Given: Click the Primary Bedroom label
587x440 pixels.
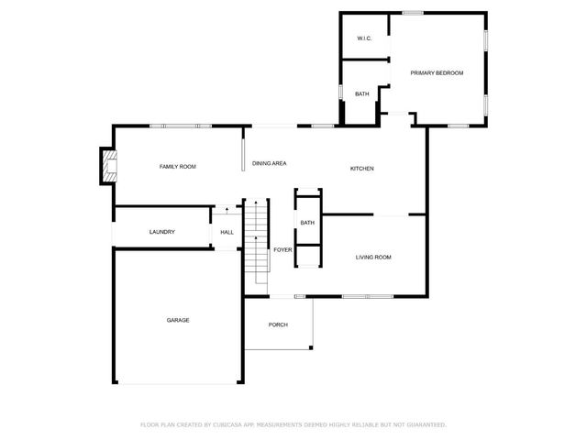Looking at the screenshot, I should tap(437, 73).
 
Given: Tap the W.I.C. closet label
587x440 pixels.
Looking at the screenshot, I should tap(363, 38).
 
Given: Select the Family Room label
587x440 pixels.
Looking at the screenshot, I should tap(178, 167).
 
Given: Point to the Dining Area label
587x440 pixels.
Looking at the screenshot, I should tap(270, 163).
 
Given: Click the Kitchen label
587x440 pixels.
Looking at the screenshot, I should tap(362, 169).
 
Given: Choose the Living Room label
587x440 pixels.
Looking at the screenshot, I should tap(373, 258).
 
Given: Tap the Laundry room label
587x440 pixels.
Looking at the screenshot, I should tap(162, 232).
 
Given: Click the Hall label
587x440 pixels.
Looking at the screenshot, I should tap(227, 232).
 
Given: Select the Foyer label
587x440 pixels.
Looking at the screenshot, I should tap(282, 249).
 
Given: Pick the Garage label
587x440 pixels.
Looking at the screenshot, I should tap(178, 320).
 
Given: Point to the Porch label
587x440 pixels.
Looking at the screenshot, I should tap(278, 325).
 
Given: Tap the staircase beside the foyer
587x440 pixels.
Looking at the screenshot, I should tap(258, 241).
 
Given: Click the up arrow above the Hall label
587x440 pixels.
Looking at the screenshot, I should tap(227, 212).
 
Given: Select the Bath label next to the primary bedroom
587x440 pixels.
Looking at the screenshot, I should tap(362, 93).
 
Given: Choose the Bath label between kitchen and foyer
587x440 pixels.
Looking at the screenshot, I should tap(307, 223).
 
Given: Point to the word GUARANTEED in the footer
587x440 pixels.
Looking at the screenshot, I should tap(425, 425).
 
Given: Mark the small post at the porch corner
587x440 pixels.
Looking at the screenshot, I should tap(312, 347).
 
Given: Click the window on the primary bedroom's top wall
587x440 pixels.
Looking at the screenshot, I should tap(413, 12).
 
